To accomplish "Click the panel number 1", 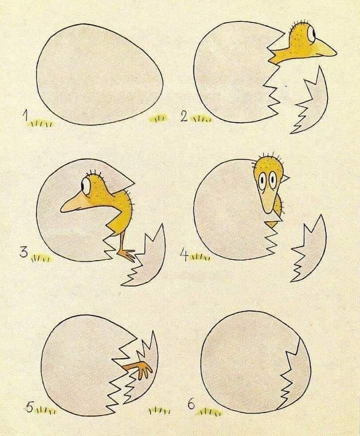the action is (x=25, y=115).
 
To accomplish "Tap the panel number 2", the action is (x=183, y=117).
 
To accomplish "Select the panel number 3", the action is (x=24, y=253).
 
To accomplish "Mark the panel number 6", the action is (x=191, y=405).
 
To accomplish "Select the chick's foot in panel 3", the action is (x=127, y=255).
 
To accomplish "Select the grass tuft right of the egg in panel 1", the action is (x=157, y=118).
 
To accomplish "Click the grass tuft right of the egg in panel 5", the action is (x=159, y=411).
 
